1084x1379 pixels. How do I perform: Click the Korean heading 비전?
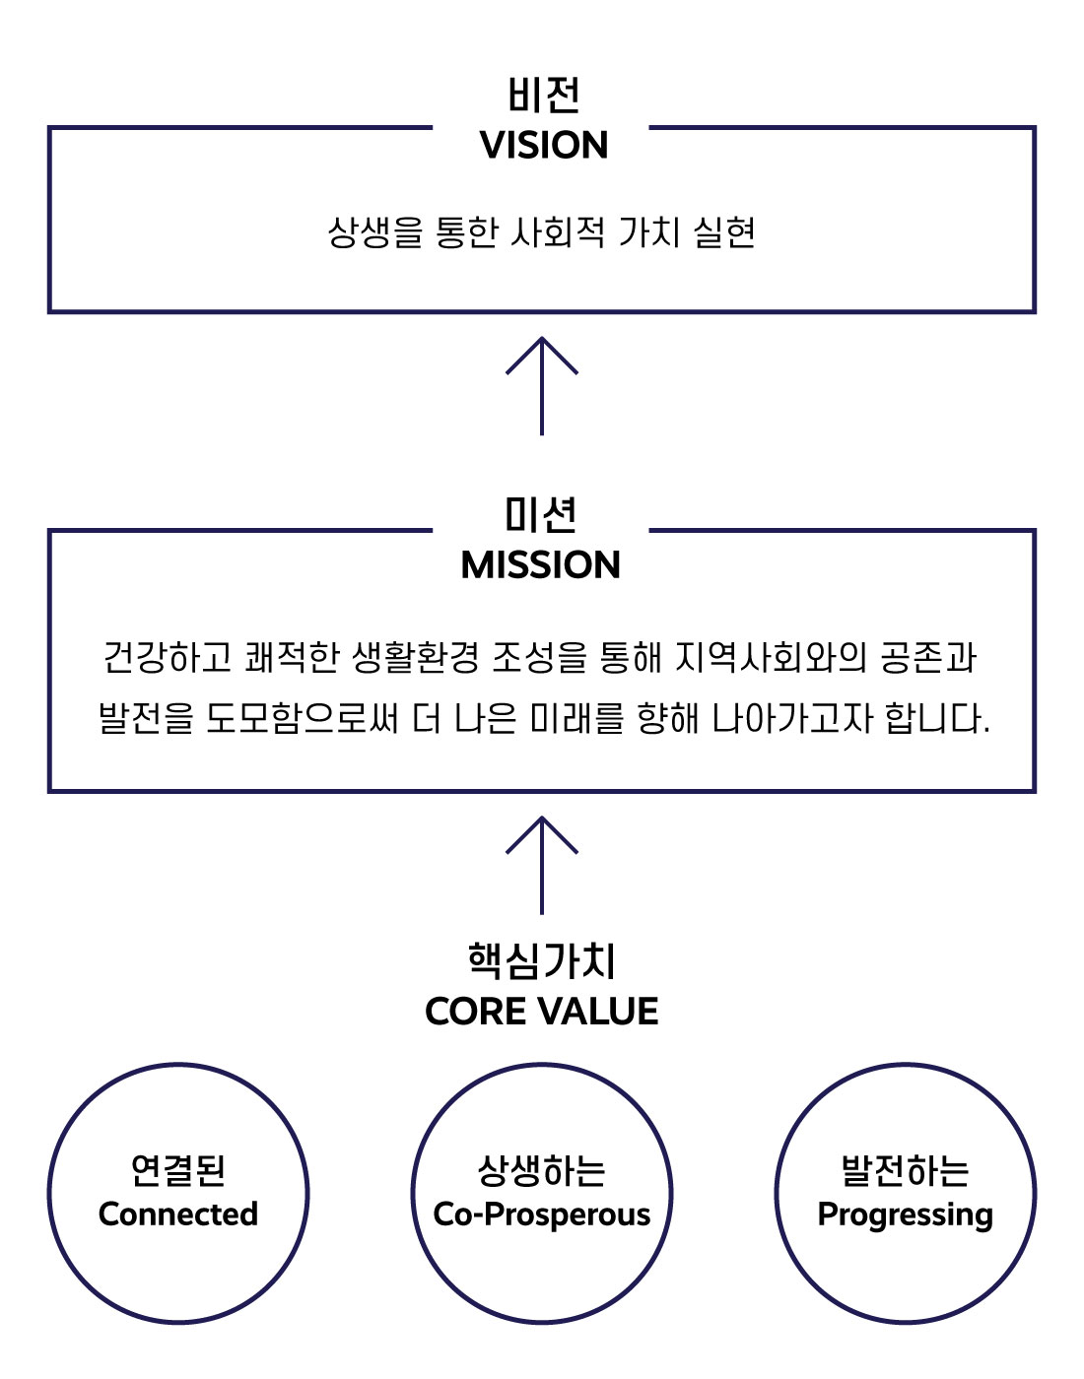(543, 96)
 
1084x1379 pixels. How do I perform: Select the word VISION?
(543, 146)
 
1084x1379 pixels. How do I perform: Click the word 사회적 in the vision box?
(558, 233)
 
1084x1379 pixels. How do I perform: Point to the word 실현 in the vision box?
(724, 233)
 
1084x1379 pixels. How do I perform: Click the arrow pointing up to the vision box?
(542, 385)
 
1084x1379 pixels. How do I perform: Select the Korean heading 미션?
(541, 514)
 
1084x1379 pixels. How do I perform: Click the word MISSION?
(541, 565)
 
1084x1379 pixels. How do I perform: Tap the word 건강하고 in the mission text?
(168, 657)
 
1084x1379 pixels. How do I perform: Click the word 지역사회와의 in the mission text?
(771, 657)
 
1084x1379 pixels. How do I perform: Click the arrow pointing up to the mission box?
(542, 865)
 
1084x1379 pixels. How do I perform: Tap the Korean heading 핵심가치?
(541, 960)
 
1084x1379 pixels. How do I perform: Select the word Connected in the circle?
(178, 1215)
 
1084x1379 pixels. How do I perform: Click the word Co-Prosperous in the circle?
(542, 1215)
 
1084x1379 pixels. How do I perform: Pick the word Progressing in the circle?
(905, 1215)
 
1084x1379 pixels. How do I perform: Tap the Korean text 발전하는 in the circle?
(905, 1170)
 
